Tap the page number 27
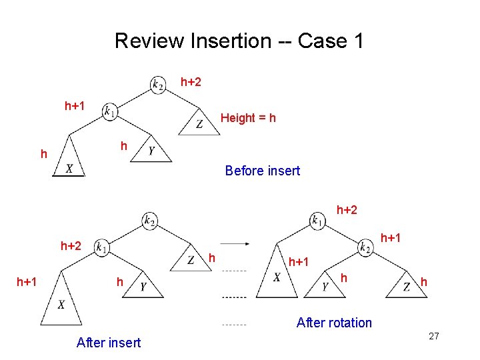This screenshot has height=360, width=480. pos(434,336)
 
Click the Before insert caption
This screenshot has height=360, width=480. pos(262,171)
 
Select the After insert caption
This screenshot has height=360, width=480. pos(109,343)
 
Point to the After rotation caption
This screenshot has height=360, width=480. pos(334,323)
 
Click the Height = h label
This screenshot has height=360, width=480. pos(248,118)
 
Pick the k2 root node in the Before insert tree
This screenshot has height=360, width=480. pos(158,84)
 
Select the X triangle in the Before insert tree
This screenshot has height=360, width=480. pos(69,164)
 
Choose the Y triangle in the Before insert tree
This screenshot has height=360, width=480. pos(152,152)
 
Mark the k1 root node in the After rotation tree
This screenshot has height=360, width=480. pos(318,219)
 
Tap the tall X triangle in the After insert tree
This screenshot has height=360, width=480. pos(61,300)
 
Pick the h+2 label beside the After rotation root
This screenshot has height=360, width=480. pos(347,210)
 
